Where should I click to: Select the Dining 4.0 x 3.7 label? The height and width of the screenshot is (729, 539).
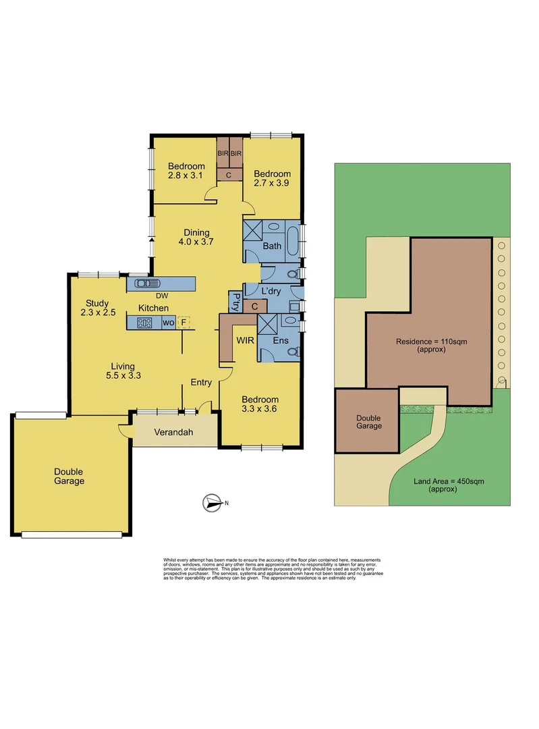coord(197,237)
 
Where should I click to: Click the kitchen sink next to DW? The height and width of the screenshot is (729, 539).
coord(146,283)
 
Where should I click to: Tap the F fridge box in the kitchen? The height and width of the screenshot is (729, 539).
coord(183,323)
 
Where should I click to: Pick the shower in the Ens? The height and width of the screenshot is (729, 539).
coord(268,324)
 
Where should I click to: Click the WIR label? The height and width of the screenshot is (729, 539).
coord(244,341)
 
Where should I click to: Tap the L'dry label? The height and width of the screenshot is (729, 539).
coord(272,291)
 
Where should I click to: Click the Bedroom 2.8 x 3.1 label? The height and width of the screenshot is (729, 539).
coord(186,171)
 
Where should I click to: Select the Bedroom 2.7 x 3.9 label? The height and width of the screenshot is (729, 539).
coord(273,178)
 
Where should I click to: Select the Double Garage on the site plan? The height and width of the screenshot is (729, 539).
coord(369,422)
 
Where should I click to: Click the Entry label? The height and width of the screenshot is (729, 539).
coord(201,382)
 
